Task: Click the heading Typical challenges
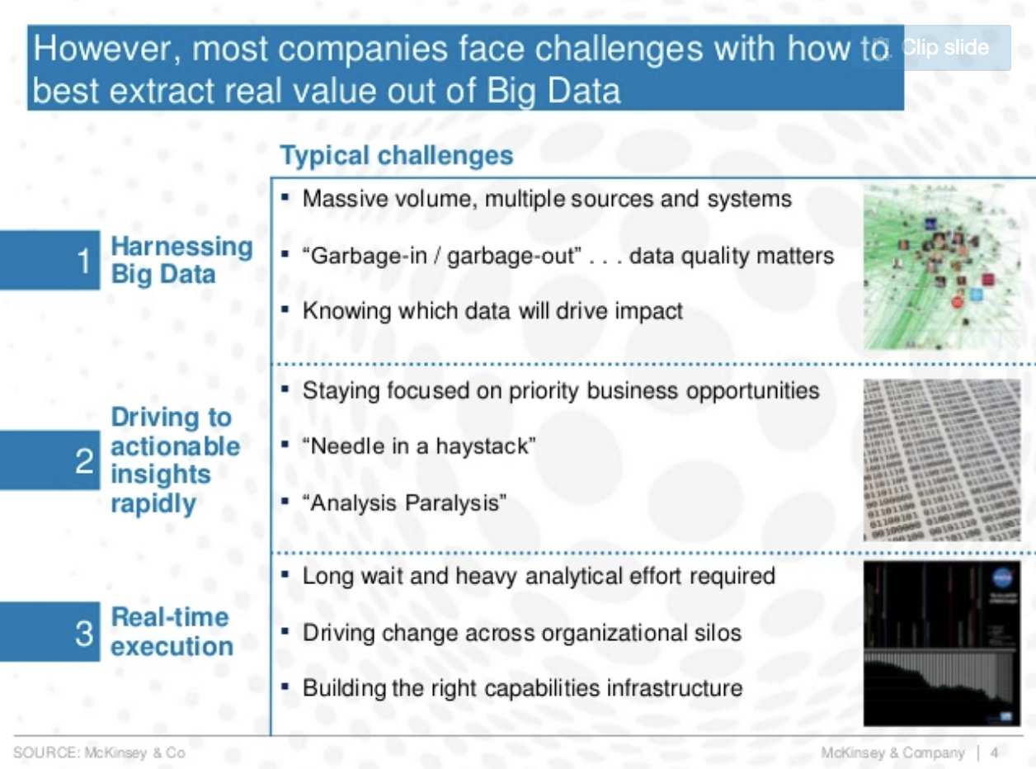pyautogui.click(x=397, y=156)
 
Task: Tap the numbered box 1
pyautogui.click(x=50, y=260)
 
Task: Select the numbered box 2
pyautogui.click(x=50, y=460)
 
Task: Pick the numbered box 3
pyautogui.click(x=50, y=632)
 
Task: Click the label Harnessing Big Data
pyautogui.click(x=181, y=260)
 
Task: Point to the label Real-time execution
pyautogui.click(x=172, y=632)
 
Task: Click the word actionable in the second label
pyautogui.click(x=175, y=446)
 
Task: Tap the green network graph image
pyautogui.click(x=942, y=267)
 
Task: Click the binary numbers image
pyautogui.click(x=942, y=460)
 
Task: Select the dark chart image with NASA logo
pyautogui.click(x=942, y=644)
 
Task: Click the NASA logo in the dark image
pyautogui.click(x=1002, y=578)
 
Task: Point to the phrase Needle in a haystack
pyautogui.click(x=419, y=446)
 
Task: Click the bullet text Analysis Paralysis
pyautogui.click(x=404, y=503)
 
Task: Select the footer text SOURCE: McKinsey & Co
pyautogui.click(x=99, y=752)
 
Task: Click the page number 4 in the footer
pyautogui.click(x=994, y=752)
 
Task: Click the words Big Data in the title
pyautogui.click(x=553, y=91)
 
